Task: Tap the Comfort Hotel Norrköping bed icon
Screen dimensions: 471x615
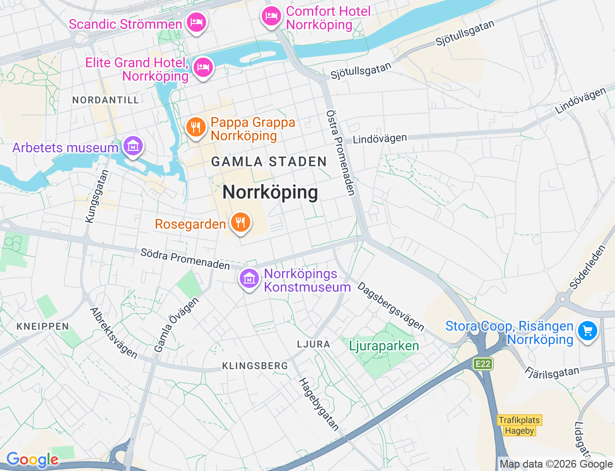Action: click(271, 16)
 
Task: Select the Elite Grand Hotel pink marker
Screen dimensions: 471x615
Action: click(203, 68)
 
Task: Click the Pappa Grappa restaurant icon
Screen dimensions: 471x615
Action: click(196, 128)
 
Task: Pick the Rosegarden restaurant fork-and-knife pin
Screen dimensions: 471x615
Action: click(240, 223)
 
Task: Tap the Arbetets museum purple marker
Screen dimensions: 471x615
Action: click(133, 146)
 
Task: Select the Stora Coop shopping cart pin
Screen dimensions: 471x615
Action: click(587, 331)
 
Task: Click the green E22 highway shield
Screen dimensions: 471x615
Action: click(483, 364)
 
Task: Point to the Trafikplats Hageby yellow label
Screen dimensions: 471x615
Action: click(519, 425)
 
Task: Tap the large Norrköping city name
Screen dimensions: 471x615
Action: click(270, 192)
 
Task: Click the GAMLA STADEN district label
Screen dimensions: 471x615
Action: click(269, 162)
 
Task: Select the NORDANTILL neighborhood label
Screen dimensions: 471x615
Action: click(106, 100)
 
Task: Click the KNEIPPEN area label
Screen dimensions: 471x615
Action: click(43, 327)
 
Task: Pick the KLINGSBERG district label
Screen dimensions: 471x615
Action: click(255, 366)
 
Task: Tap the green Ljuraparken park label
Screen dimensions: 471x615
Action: click(384, 346)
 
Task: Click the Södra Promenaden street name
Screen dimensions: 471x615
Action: click(185, 259)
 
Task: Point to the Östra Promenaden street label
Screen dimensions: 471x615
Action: click(341, 153)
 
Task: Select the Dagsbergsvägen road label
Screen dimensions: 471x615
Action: click(391, 306)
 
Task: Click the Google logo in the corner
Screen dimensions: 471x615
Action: click(32, 460)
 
